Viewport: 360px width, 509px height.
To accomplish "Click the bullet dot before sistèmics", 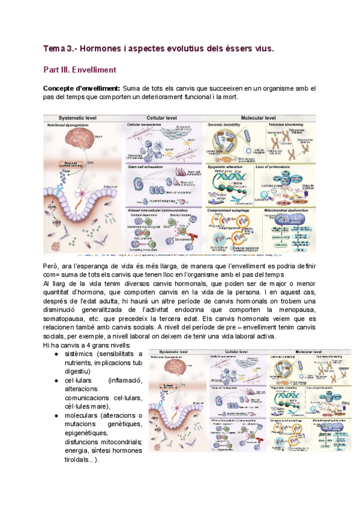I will pyautogui.click(x=57, y=354).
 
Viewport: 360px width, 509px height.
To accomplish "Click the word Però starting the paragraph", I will pyautogui.click(x=52, y=265).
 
